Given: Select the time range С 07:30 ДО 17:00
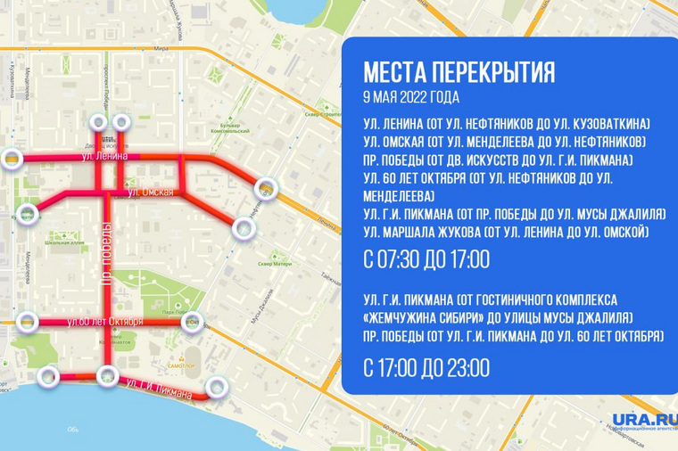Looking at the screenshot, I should coord(427,260).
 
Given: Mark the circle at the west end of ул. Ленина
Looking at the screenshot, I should coord(12,159).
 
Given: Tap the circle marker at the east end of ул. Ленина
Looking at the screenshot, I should coord(266,187).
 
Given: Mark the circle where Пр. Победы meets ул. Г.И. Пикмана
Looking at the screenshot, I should coord(109,375).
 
